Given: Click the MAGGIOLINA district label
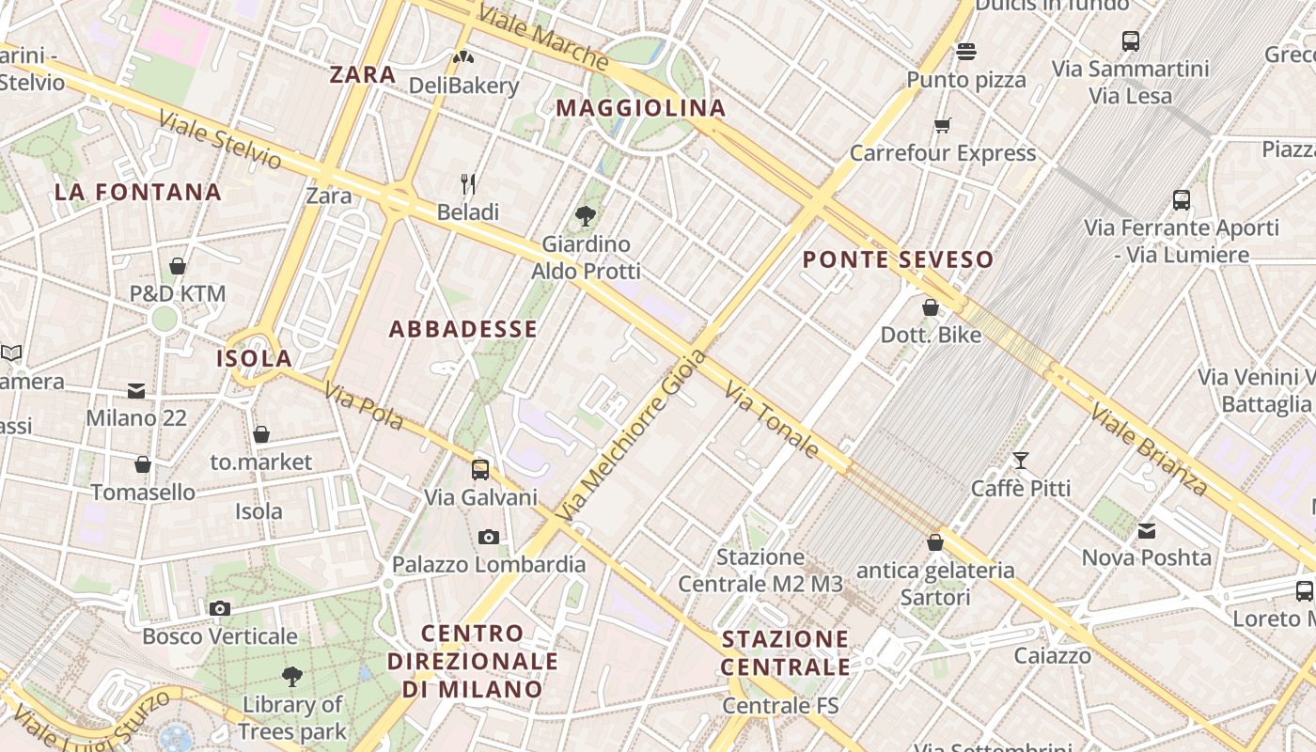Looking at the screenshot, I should pos(641,108).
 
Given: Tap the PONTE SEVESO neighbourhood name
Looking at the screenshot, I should pos(899,259).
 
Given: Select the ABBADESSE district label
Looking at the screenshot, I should pos(463,329).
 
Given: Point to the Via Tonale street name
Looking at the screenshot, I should pos(774,419).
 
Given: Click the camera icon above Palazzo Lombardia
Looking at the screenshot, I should pos(489,537).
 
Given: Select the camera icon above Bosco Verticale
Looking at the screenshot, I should pos(220,608).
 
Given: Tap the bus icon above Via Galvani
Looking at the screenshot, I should pos(480,469).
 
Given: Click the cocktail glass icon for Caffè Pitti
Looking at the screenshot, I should pos(1021,461).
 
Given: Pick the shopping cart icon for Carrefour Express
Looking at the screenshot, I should pos(943,125).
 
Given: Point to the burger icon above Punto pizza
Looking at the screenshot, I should pos(966,51).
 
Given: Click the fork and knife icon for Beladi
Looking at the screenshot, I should pos(468,183).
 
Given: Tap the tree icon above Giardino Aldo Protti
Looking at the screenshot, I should pos(586,216).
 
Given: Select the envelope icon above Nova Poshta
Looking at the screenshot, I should pos(1147,531).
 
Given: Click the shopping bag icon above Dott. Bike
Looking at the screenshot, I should pos(931,307).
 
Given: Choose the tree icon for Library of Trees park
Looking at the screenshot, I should pos(292,676).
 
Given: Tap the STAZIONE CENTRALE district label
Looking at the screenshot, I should pos(786,653).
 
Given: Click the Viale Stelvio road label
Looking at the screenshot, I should pos(220,141).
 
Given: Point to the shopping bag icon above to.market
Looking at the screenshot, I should pos(261,434).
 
